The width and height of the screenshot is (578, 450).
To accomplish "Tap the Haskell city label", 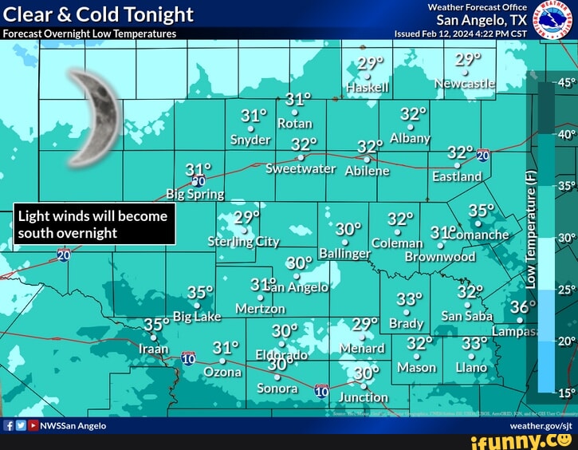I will click(x=368, y=88).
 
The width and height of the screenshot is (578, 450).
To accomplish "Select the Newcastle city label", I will click(x=465, y=84).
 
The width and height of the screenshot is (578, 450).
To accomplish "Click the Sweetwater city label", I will click(x=301, y=169).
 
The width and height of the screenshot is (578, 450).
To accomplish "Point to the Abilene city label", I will click(x=368, y=170).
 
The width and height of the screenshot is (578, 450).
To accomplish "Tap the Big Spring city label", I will click(x=195, y=194).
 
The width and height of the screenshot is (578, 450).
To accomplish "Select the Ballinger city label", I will click(x=344, y=254).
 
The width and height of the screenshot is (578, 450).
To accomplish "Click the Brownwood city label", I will click(x=440, y=257).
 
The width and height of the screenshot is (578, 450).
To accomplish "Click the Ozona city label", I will click(x=223, y=372).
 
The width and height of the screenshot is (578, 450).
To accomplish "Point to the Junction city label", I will click(x=364, y=397).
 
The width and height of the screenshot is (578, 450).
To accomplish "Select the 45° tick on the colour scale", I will click(x=564, y=83).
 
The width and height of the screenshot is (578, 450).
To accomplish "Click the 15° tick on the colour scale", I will click(x=564, y=392).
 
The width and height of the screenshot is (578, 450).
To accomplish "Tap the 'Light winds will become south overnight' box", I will click(x=93, y=224).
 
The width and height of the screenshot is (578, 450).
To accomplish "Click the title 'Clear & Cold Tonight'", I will click(x=99, y=14).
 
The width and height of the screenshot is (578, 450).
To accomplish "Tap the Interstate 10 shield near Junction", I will click(x=321, y=390).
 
